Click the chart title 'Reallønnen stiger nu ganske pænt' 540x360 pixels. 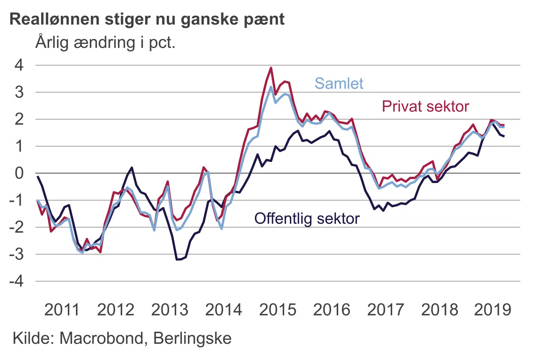click(147, 19)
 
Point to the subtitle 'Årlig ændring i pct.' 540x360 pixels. click(105, 42)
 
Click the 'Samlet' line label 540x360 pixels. click(339, 84)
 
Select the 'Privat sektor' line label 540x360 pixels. click(425, 106)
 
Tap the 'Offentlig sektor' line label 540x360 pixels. click(307, 219)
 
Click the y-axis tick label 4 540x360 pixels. click(19, 65)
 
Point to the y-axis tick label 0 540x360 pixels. click(19, 173)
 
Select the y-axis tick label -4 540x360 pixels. click(16, 281)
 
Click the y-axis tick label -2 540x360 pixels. click(16, 227)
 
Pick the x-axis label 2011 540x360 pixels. click(62, 310)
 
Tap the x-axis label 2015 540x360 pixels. click(277, 310)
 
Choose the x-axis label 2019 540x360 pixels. click(493, 310)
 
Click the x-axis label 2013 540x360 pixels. click(169, 310)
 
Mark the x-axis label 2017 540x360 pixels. click(385, 310)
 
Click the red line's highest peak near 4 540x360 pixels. click(271, 68)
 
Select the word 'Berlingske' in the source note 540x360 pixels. click(192, 338)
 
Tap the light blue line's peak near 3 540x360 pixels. click(271, 87)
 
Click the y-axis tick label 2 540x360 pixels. click(19, 119)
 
